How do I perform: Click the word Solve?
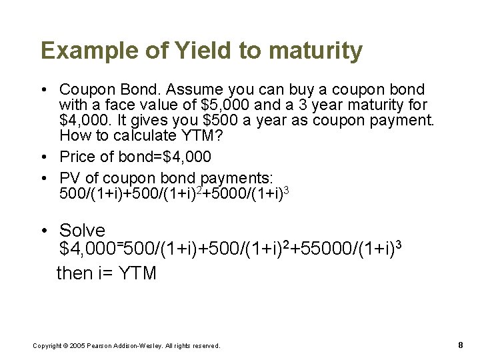tap(82, 231)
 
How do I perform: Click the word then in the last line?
tap(75, 273)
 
